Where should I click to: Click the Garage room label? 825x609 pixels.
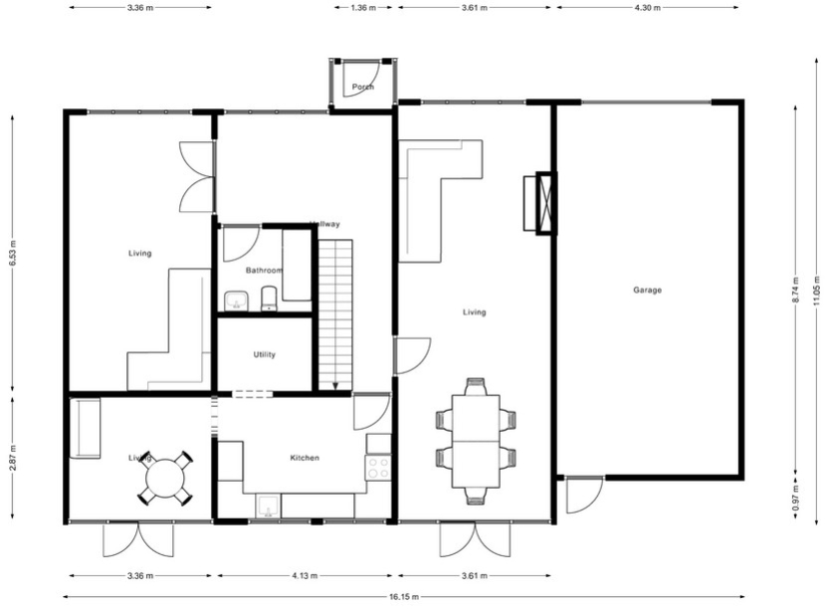click(647, 291)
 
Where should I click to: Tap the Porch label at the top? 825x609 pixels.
click(363, 87)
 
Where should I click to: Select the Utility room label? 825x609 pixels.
click(265, 354)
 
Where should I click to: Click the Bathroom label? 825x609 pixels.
click(264, 270)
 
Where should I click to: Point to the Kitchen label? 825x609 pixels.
click(305, 458)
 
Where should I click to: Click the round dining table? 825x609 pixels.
click(164, 479)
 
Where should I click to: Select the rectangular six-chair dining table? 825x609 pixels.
click(476, 441)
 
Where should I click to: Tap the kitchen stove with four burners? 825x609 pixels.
click(378, 468)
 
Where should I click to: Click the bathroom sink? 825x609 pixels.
click(236, 301)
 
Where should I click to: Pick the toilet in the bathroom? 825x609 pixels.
click(269, 300)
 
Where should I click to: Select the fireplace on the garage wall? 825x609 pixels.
click(545, 203)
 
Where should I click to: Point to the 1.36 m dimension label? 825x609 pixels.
click(363, 7)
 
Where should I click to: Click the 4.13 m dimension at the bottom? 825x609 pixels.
click(306, 575)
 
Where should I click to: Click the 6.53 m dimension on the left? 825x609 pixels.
click(12, 253)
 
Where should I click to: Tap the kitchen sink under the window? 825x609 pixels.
click(266, 508)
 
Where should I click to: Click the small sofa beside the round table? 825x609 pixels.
click(86, 428)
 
